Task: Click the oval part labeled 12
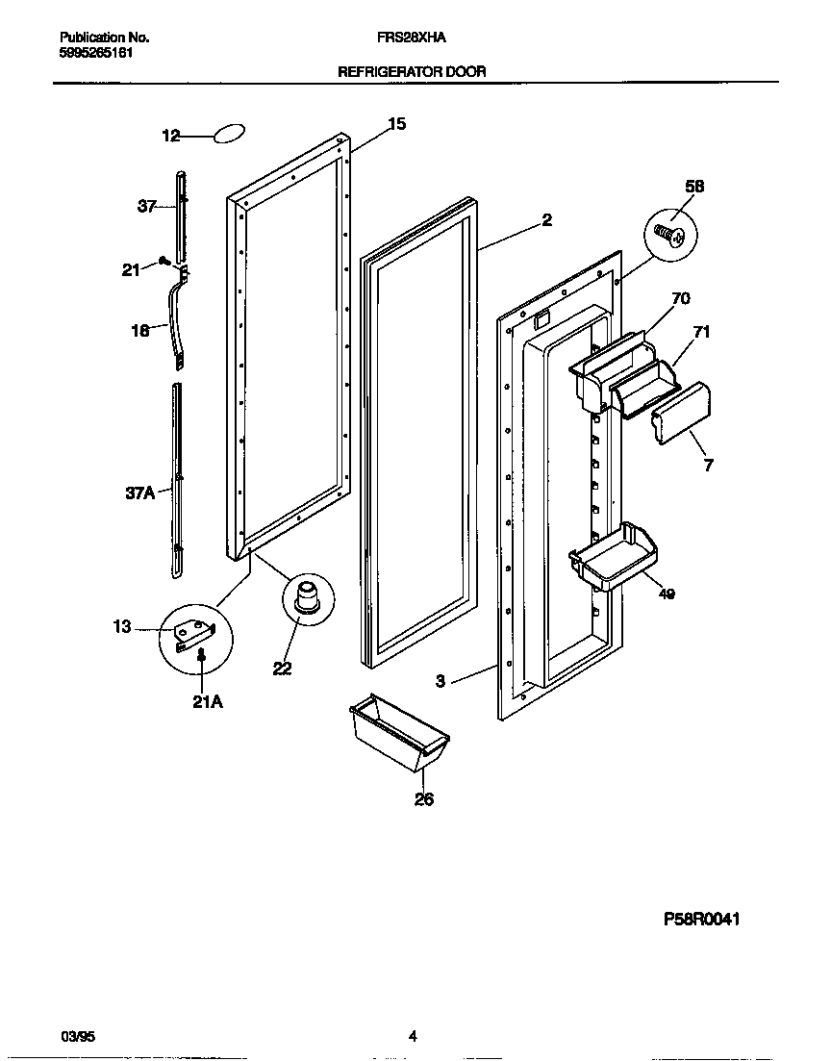click(228, 135)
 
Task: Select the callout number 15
click(396, 123)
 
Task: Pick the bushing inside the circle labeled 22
click(306, 596)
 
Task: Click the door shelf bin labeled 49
click(613, 559)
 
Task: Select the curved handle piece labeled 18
click(178, 322)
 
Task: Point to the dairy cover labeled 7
click(682, 414)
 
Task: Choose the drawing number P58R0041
click(701, 919)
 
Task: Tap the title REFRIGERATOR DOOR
click(411, 71)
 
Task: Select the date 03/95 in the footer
click(78, 1036)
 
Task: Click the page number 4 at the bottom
click(413, 1036)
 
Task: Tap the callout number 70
click(680, 299)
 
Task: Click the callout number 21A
click(208, 702)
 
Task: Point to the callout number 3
click(440, 681)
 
